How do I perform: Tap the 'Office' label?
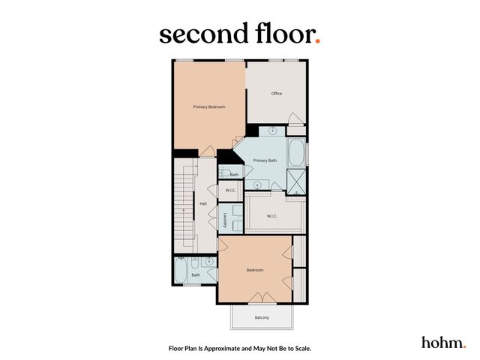[x=276, y=93]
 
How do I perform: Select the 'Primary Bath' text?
[x=265, y=160]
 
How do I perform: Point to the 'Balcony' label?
[x=262, y=318]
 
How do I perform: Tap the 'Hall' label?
[x=202, y=203]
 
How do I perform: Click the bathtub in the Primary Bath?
[x=297, y=153]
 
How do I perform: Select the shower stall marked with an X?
[x=297, y=181]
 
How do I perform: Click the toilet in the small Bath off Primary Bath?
[x=224, y=173]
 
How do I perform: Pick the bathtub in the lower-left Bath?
[x=181, y=270]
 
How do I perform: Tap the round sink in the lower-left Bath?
[x=209, y=262]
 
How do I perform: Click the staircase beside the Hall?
[x=182, y=202]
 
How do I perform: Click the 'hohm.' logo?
[x=443, y=342]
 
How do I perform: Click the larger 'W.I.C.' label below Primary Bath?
[x=273, y=216]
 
